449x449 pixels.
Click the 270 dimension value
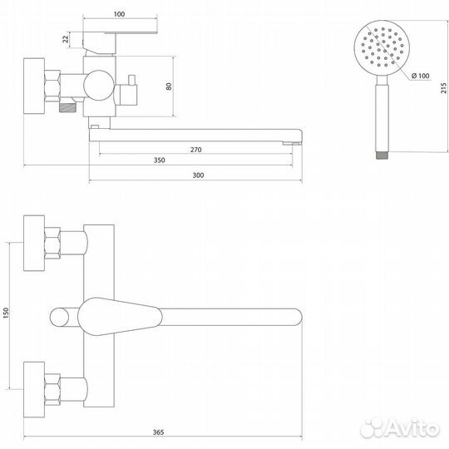[196, 150]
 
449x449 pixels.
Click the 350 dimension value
[159, 160]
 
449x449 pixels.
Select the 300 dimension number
[198, 175]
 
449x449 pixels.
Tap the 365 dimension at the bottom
[158, 432]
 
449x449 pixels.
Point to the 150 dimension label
[6, 313]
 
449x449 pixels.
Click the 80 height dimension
[169, 86]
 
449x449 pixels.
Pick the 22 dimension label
[66, 39]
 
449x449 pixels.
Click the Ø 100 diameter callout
[421, 76]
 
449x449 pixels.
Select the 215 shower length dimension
[443, 87]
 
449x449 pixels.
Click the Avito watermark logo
[400, 428]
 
